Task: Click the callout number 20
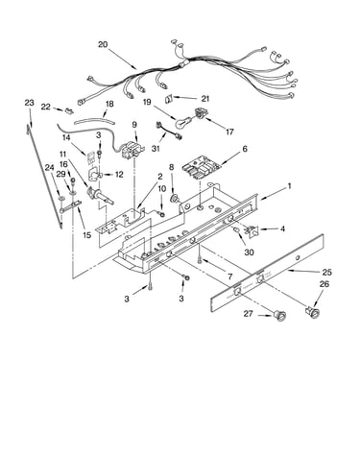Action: tap(103, 44)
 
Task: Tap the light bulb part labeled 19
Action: tap(182, 122)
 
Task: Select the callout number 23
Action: tap(29, 103)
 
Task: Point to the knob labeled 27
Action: tap(280, 316)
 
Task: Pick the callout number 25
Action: tap(326, 273)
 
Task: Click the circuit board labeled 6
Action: tap(201, 165)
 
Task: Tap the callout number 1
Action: tap(289, 186)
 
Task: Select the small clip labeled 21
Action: tap(169, 99)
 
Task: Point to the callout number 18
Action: tap(109, 105)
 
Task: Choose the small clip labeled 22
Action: tap(69, 111)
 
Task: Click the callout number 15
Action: tap(86, 235)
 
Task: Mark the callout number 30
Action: tap(249, 252)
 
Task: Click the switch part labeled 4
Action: tap(251, 230)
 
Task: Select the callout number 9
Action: tap(134, 125)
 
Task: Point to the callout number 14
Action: tap(66, 138)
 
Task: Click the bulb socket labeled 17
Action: tap(200, 114)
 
